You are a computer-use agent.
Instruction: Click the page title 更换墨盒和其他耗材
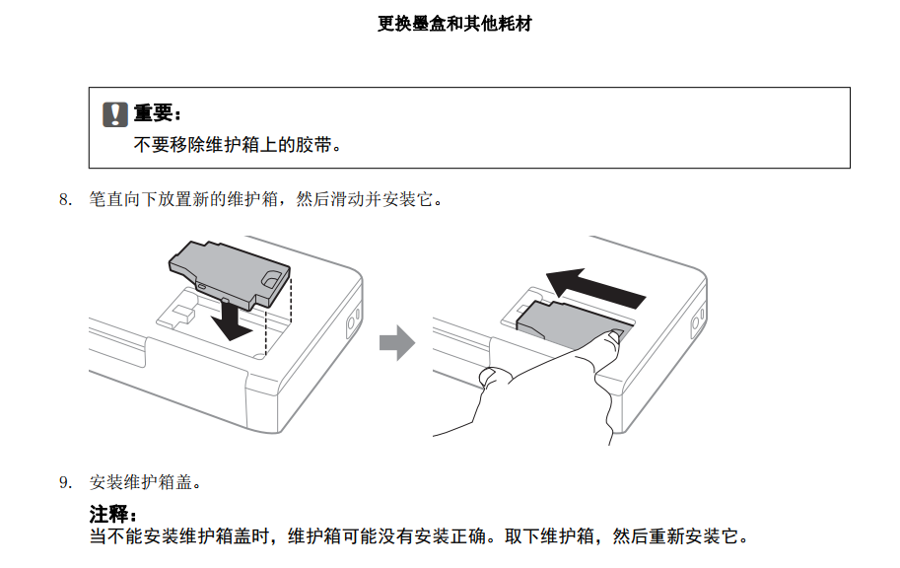(x=454, y=24)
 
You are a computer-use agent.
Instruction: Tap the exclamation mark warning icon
(x=114, y=114)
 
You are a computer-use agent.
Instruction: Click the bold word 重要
(x=152, y=112)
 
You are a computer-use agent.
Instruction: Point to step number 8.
(x=65, y=200)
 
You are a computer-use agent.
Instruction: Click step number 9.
(x=65, y=482)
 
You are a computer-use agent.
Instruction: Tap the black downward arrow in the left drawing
(x=231, y=319)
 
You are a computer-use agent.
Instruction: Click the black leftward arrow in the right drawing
(x=594, y=289)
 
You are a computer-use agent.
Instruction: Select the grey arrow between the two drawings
(x=397, y=343)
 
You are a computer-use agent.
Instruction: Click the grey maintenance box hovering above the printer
(x=229, y=274)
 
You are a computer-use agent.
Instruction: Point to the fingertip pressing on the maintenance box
(x=613, y=335)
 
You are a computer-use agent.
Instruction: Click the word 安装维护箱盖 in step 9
(x=141, y=482)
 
